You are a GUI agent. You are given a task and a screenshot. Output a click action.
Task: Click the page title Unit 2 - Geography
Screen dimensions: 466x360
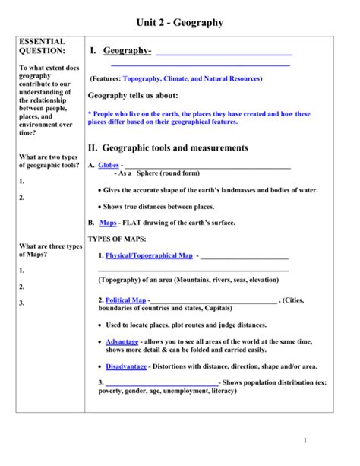[x=179, y=23]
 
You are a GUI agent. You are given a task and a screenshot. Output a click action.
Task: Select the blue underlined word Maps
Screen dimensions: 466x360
[x=108, y=223]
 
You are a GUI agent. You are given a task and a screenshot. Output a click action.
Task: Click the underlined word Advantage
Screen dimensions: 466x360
[x=122, y=341]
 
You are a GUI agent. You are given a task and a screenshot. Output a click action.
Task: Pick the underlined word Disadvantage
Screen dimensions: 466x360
[x=126, y=366]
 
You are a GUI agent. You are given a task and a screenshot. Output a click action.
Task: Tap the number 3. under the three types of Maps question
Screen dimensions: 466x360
[x=23, y=303]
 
